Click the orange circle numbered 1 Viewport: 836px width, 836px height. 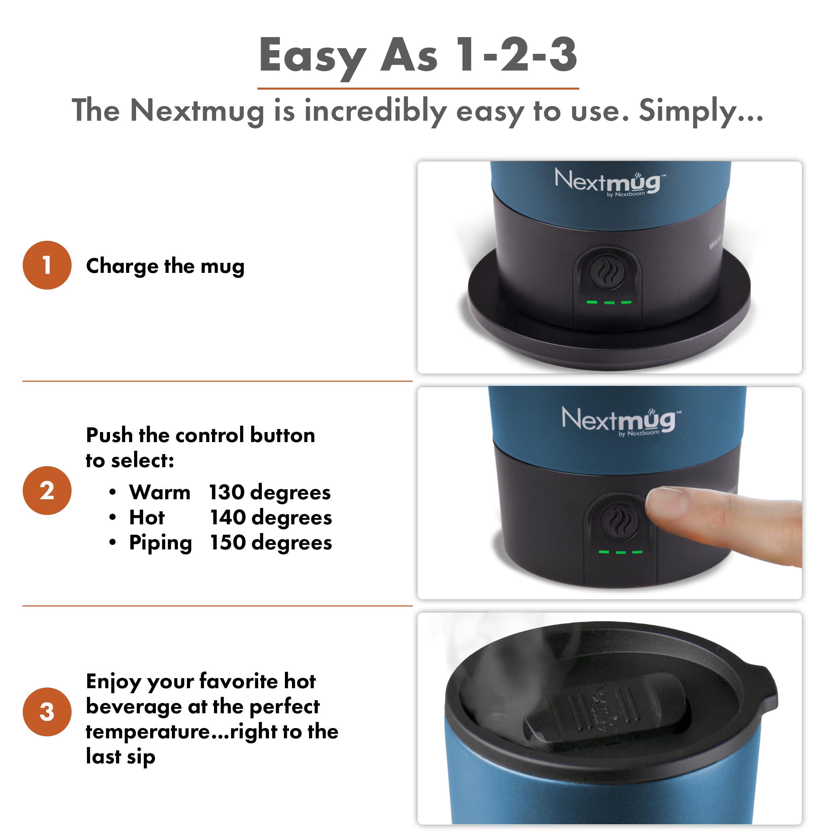coord(47,265)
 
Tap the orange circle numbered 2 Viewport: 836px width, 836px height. coord(47,490)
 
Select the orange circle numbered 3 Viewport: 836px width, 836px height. coord(47,712)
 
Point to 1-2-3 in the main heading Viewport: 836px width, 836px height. coord(517,55)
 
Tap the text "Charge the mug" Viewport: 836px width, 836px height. coord(165,266)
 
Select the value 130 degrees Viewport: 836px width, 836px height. coord(270,493)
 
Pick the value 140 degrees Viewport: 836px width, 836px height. coord(271,518)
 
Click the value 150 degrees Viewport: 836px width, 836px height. coord(271,543)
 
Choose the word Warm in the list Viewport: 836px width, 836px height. coord(160,493)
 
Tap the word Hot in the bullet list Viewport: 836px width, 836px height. coord(147,518)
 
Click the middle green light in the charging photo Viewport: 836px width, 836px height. coord(609,303)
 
